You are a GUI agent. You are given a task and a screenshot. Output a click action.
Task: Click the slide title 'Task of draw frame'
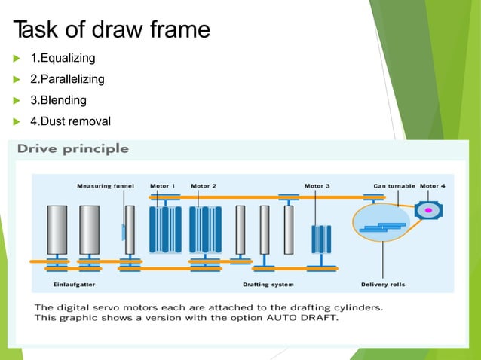coord(112,29)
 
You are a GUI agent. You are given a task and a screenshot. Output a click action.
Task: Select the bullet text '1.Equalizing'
coord(63,58)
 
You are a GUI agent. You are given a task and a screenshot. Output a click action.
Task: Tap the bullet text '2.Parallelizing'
coord(67,79)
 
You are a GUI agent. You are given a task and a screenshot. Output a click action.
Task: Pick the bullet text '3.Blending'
coord(58,100)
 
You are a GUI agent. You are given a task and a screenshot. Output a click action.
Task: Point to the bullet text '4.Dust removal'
coord(70,121)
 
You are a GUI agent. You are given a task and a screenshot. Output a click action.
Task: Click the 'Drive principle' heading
coord(73,148)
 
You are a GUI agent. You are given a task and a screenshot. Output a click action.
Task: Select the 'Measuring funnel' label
coord(105,186)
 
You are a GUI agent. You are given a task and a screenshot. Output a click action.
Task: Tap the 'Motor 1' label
coord(163,186)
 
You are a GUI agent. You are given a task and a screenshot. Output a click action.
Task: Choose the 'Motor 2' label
coord(204,186)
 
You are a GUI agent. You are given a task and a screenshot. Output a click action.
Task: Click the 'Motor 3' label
coord(317,186)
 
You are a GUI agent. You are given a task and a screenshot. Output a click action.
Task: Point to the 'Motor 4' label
coord(433,186)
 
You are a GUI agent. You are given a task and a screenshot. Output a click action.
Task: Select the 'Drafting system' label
coord(268,285)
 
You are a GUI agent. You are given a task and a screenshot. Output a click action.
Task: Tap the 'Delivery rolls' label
coord(383,285)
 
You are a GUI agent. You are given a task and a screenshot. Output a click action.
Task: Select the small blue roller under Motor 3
coord(322,239)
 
